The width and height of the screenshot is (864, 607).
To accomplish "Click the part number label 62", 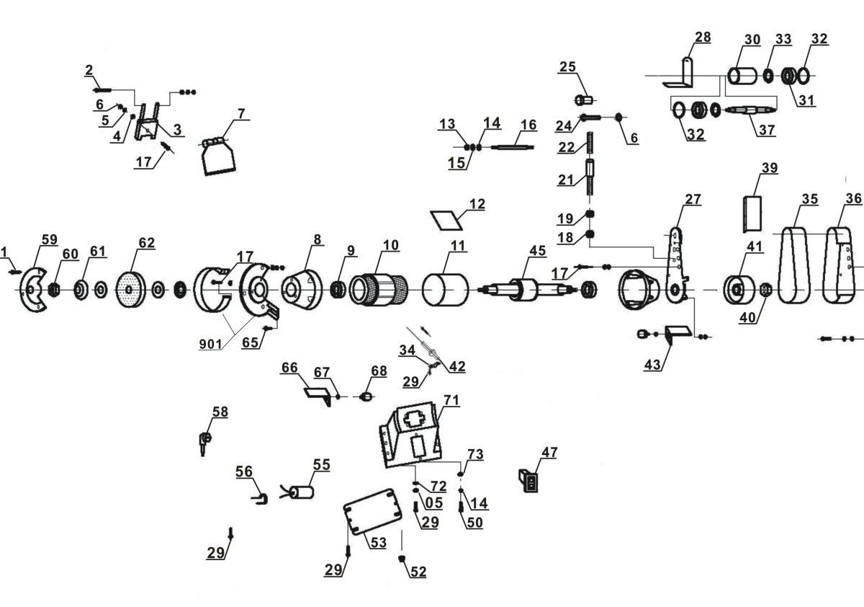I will tap(146, 243).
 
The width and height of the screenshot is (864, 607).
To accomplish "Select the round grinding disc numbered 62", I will tap(130, 291).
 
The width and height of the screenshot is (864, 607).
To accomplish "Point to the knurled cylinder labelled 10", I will tap(379, 291).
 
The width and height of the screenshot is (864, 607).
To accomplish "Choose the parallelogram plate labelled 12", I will tap(446, 218).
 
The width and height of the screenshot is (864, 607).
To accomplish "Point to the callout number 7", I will tap(241, 114).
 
